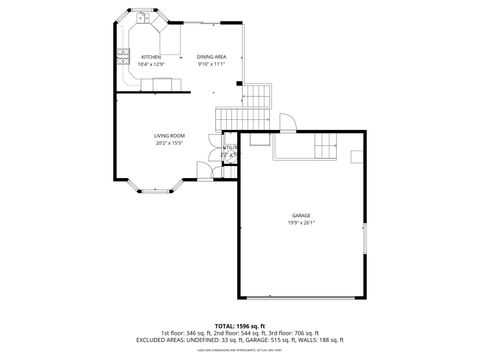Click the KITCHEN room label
click(x=151, y=57)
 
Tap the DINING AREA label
click(x=211, y=57)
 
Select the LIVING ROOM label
click(x=168, y=135)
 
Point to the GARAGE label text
click(x=301, y=215)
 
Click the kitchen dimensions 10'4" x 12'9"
click(x=151, y=64)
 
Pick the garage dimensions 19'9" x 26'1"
click(x=301, y=223)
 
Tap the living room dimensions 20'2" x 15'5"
click(x=168, y=143)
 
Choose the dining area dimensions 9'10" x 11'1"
click(x=211, y=64)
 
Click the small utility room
click(x=229, y=153)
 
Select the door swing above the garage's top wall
click(x=285, y=123)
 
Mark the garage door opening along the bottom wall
click(x=301, y=297)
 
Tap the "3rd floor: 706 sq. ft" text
click(x=295, y=333)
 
